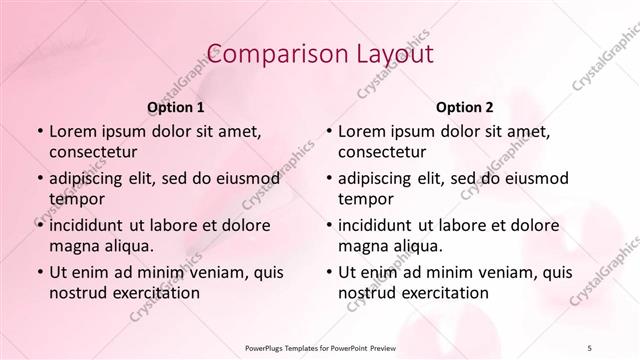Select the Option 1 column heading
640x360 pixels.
click(176, 106)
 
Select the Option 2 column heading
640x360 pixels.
click(464, 106)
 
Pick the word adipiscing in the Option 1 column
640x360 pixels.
click(91, 178)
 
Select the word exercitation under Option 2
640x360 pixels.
click(443, 293)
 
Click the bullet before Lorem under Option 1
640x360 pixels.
click(39, 132)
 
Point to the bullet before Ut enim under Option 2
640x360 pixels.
click(328, 272)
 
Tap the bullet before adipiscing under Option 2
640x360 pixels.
click(328, 178)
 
